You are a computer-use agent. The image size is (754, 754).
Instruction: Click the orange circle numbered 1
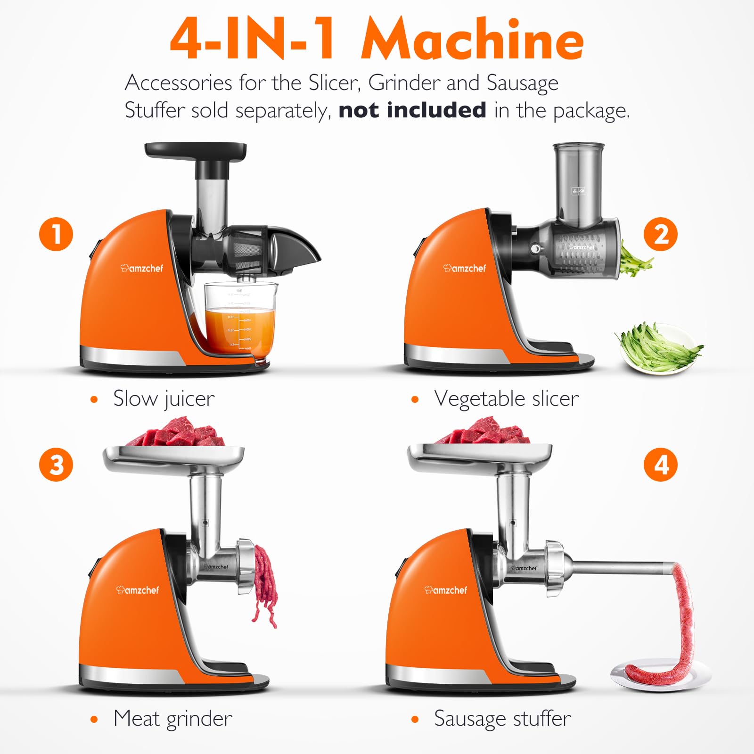click(56, 234)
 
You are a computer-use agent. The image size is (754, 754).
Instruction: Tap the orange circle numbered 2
click(661, 234)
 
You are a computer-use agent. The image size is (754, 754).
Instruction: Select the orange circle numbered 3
click(56, 465)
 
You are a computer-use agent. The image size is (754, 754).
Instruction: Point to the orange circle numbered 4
click(661, 465)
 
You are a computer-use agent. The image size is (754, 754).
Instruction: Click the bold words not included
click(412, 110)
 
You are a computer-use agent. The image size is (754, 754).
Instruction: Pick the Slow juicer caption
click(164, 399)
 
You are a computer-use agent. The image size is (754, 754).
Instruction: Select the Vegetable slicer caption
click(506, 399)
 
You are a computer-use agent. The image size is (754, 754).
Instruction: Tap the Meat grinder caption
click(172, 719)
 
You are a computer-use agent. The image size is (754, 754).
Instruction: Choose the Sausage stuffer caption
click(502, 719)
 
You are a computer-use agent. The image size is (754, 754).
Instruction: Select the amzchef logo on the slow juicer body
click(142, 268)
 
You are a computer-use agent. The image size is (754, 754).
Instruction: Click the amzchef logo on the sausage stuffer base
click(446, 590)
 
